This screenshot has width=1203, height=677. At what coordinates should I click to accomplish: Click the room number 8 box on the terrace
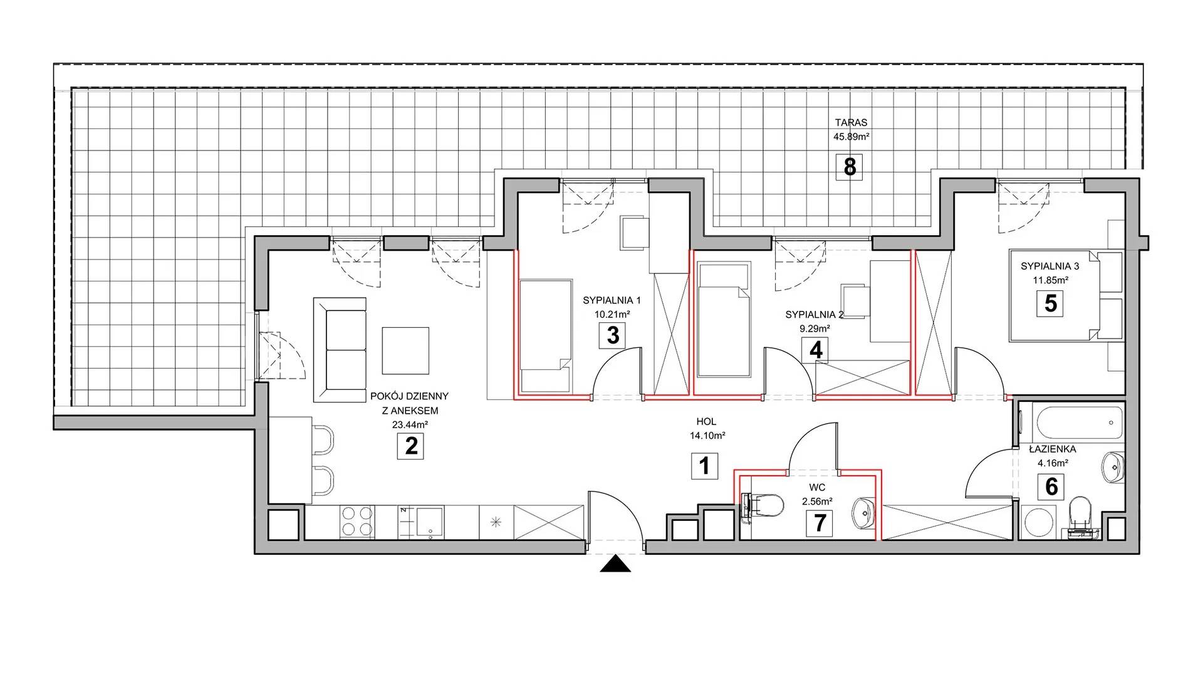pos(850,167)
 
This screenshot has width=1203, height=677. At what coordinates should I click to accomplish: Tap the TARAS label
pos(850,123)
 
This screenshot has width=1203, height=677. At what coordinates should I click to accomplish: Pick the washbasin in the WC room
pos(863,512)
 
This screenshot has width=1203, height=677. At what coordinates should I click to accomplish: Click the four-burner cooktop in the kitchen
pos(358,522)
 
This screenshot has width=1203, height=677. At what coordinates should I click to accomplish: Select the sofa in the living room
pos(340,350)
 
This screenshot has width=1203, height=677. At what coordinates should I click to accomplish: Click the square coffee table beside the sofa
pos(405,350)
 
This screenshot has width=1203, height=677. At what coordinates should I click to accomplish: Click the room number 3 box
pos(613,335)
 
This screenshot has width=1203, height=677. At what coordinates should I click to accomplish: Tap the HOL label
pos(706,422)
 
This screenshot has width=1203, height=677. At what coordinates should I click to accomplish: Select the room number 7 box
pos(820,523)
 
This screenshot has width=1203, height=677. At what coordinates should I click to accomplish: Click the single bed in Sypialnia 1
pos(545,335)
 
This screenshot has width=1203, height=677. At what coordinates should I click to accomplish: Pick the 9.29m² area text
pos(813,328)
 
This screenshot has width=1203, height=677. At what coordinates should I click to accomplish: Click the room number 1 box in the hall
pos(704,466)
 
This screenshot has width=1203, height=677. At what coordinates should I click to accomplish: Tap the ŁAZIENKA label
pos(1052,449)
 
